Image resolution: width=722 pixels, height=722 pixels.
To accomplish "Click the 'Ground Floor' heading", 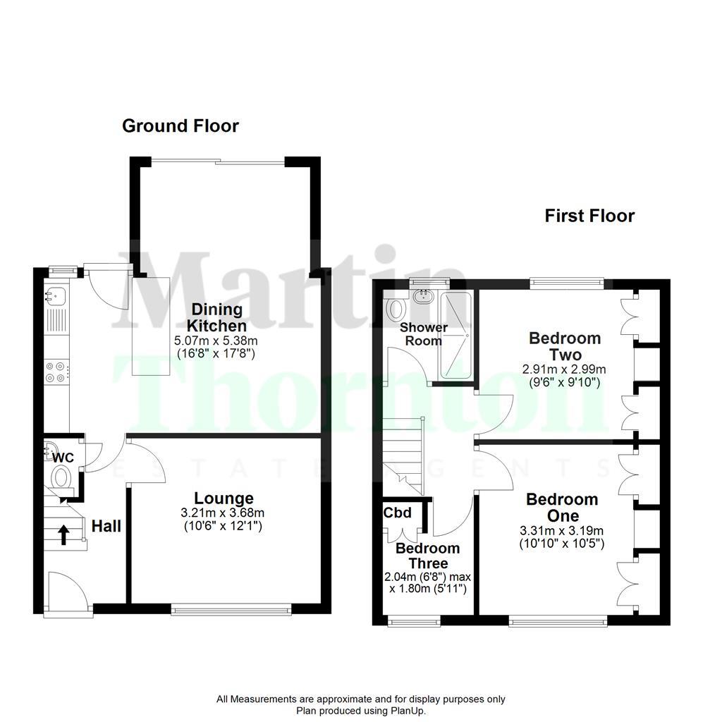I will [x=180, y=126].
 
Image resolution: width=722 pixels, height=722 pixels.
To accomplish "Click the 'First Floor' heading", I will [x=589, y=216].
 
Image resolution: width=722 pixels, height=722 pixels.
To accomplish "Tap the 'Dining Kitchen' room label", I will [x=216, y=317].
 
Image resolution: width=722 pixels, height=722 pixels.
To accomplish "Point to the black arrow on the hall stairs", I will [x=63, y=534].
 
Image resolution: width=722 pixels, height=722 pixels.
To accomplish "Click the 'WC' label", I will [x=63, y=458].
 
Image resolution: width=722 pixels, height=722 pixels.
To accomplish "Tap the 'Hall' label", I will [x=106, y=526].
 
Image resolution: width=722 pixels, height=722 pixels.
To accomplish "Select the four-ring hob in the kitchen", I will [x=56, y=372].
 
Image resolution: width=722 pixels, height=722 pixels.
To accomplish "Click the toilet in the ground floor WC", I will [x=63, y=477].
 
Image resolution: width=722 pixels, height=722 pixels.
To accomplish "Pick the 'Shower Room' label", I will [x=424, y=334].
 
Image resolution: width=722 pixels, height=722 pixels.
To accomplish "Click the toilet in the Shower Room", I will [x=396, y=307].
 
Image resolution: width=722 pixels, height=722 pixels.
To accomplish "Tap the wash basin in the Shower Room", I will [x=425, y=297].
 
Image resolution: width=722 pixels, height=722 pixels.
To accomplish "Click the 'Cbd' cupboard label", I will [x=398, y=512].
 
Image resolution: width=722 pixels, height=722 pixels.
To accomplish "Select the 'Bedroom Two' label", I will [x=565, y=345].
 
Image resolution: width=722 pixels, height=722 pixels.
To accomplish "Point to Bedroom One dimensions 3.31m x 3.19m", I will [x=563, y=531].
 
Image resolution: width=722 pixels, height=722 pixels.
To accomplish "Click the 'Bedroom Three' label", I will [x=428, y=556].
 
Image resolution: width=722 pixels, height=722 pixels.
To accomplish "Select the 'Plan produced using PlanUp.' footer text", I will [x=361, y=711].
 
